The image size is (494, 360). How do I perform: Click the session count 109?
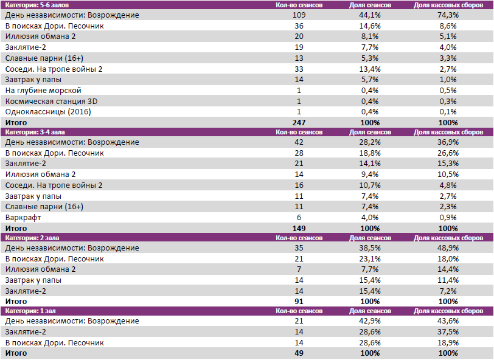(x=299, y=15)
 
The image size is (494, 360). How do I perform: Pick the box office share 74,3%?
(x=448, y=15)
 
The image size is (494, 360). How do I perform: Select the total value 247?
(x=299, y=122)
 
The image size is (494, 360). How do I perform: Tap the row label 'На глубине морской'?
(x=43, y=90)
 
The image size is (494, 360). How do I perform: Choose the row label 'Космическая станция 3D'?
(x=50, y=101)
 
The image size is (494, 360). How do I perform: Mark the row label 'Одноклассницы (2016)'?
(x=46, y=112)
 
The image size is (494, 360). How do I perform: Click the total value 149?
(x=299, y=228)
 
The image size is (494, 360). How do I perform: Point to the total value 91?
(x=299, y=301)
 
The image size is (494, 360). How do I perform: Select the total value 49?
(x=299, y=353)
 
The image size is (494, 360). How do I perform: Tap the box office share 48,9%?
(x=448, y=248)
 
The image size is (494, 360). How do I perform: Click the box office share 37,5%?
(x=448, y=332)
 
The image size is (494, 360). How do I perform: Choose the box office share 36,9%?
(x=448, y=142)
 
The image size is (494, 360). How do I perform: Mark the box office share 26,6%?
(x=448, y=153)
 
